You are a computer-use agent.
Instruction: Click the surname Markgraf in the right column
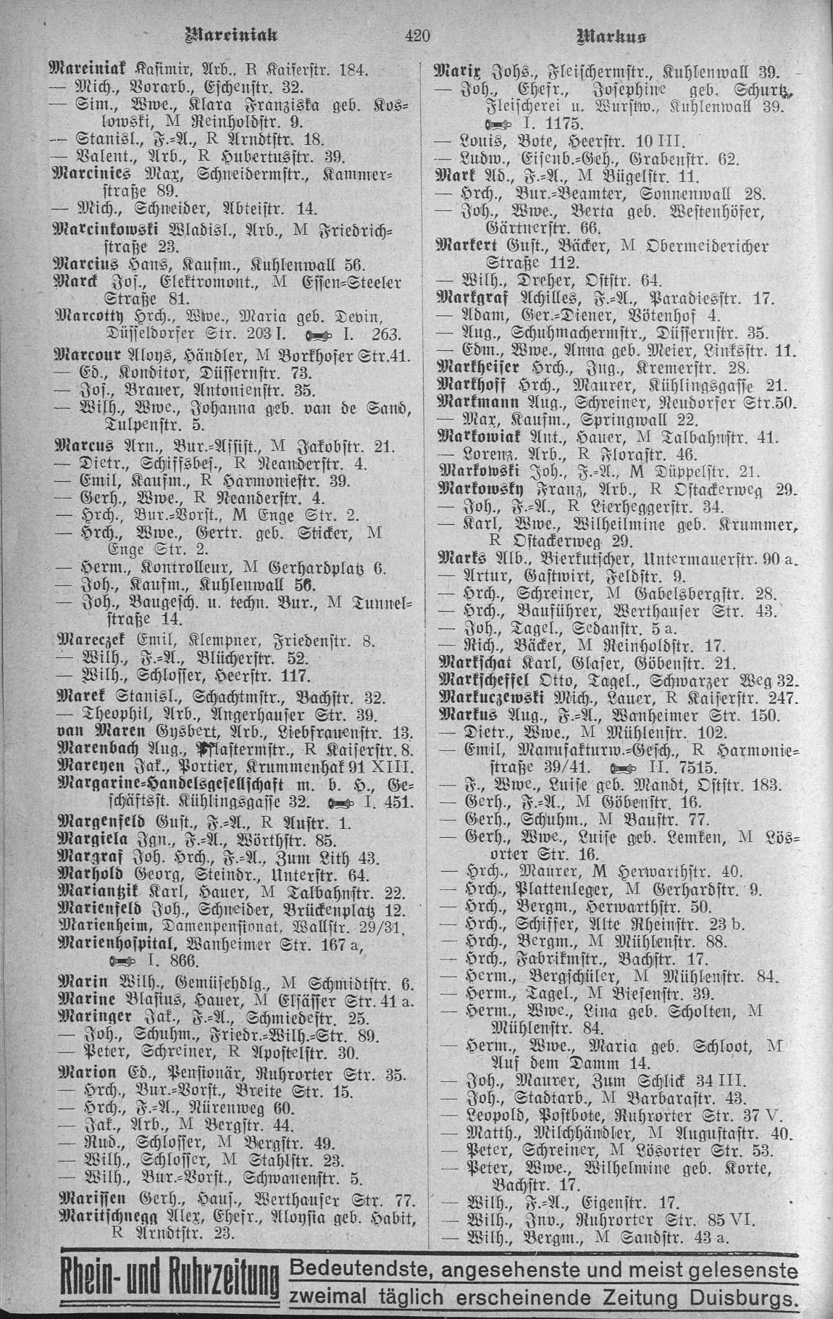pyautogui.click(x=472, y=298)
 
